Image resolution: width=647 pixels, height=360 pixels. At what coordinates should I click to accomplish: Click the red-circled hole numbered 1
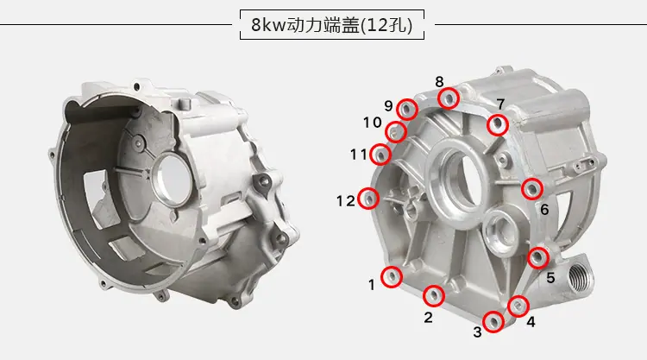(x=391, y=276)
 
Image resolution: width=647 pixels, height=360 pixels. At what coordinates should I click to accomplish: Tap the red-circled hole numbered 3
(x=493, y=322)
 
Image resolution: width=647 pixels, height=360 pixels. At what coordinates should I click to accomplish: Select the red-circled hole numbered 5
(x=538, y=257)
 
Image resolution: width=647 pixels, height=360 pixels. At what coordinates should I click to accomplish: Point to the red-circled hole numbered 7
(x=498, y=124)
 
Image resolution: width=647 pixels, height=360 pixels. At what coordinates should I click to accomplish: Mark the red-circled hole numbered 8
(x=449, y=98)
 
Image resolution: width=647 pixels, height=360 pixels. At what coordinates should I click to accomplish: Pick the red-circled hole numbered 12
(x=368, y=199)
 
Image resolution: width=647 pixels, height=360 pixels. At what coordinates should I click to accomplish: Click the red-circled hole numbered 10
(x=396, y=132)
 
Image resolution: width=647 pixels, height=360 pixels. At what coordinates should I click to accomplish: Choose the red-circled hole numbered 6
(x=532, y=189)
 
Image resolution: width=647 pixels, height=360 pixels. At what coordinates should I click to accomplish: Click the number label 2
(x=428, y=318)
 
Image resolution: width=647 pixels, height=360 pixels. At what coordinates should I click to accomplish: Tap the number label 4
(x=531, y=322)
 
